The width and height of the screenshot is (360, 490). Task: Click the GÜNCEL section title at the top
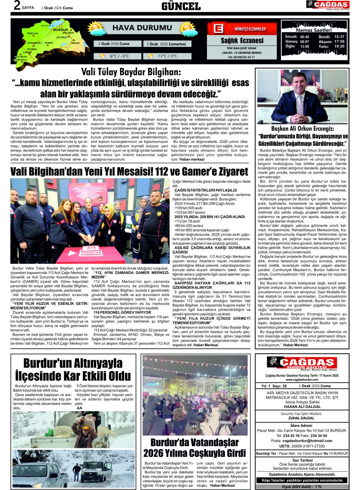coord(181,6)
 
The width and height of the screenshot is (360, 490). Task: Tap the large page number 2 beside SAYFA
coord(17,5)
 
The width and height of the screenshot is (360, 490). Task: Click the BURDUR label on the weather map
coord(60,30)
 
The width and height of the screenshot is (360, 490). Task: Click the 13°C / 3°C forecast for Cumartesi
coord(167,56)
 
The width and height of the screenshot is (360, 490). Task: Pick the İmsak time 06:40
coord(304,37)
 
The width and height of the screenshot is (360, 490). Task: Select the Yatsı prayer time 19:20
coord(339,46)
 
